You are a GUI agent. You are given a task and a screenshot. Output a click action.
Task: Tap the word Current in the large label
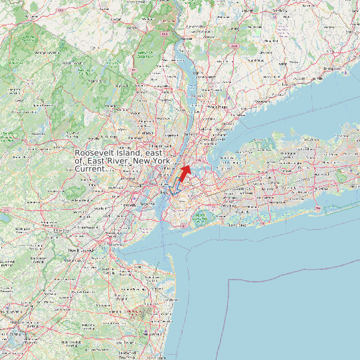click(x=89, y=169)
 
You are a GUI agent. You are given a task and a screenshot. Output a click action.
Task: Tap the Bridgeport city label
click(x=332, y=68)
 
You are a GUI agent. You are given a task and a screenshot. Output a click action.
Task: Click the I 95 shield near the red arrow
click(x=198, y=158)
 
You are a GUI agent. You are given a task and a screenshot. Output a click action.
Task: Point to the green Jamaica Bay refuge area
click(x=199, y=217)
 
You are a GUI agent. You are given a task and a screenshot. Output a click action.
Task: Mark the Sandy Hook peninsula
click(x=168, y=242)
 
